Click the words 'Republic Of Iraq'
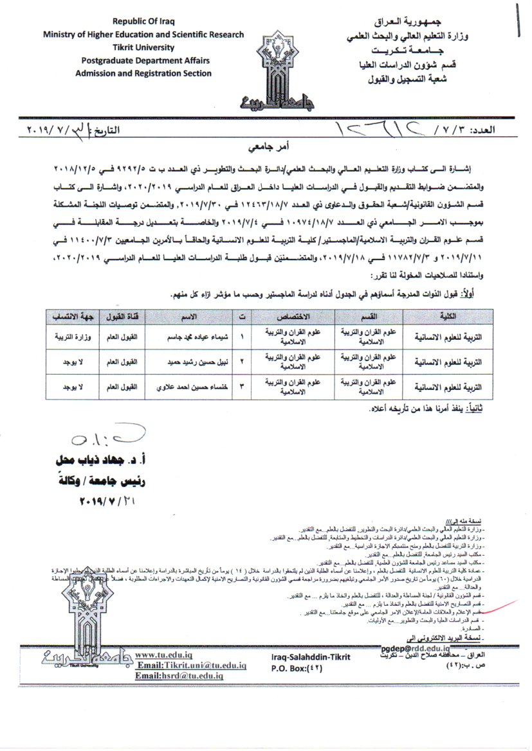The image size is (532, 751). tap(143, 21)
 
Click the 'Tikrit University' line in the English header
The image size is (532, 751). tap(143, 48)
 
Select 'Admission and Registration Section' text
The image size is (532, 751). tap(143, 73)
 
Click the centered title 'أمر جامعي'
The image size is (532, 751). tap(266, 146)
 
